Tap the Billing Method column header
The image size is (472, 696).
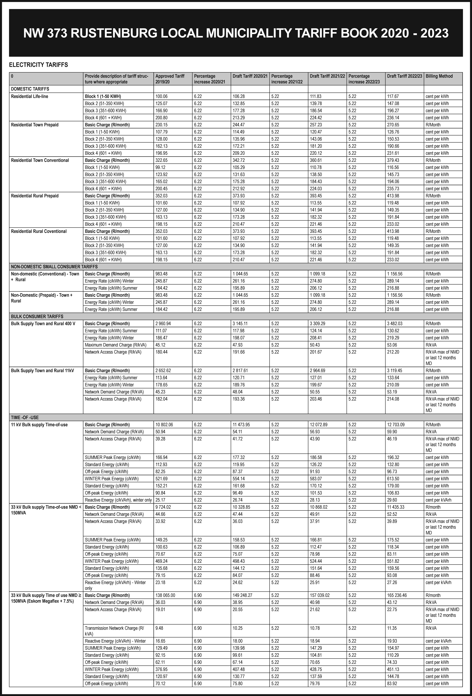point(439,76)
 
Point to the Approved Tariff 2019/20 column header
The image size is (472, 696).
point(170,79)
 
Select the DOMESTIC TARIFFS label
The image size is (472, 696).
point(30,89)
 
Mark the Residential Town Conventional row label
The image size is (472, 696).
point(40,160)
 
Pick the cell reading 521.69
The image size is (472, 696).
point(161,479)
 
